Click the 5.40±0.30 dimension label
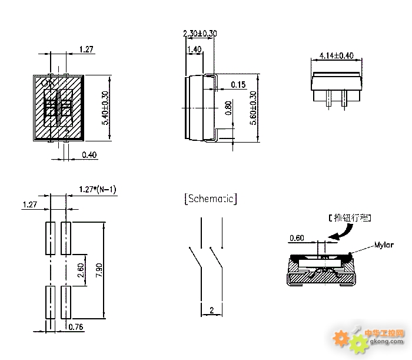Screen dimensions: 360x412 pos(106,108)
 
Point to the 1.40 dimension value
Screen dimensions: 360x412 pos(194,49)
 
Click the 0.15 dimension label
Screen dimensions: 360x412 pos(238,85)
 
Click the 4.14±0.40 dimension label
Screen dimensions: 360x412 pos(336,55)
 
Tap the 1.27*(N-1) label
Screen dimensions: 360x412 pos(98,190)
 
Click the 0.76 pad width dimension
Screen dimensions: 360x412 pos(76,326)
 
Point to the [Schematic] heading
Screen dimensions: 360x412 pos(211,199)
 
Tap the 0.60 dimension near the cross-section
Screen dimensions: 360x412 pos(297,238)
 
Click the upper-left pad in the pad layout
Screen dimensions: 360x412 pos(49,237)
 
